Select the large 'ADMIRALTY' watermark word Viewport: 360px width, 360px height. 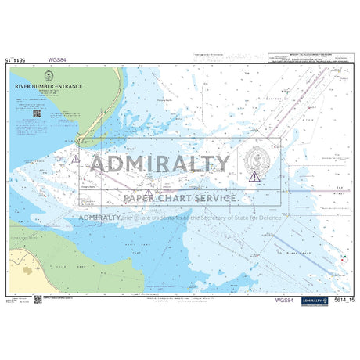160,164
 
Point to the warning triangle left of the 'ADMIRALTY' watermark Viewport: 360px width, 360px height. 75,159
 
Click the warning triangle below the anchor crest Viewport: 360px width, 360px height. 253,177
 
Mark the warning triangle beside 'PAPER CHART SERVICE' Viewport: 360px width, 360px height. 148,193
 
